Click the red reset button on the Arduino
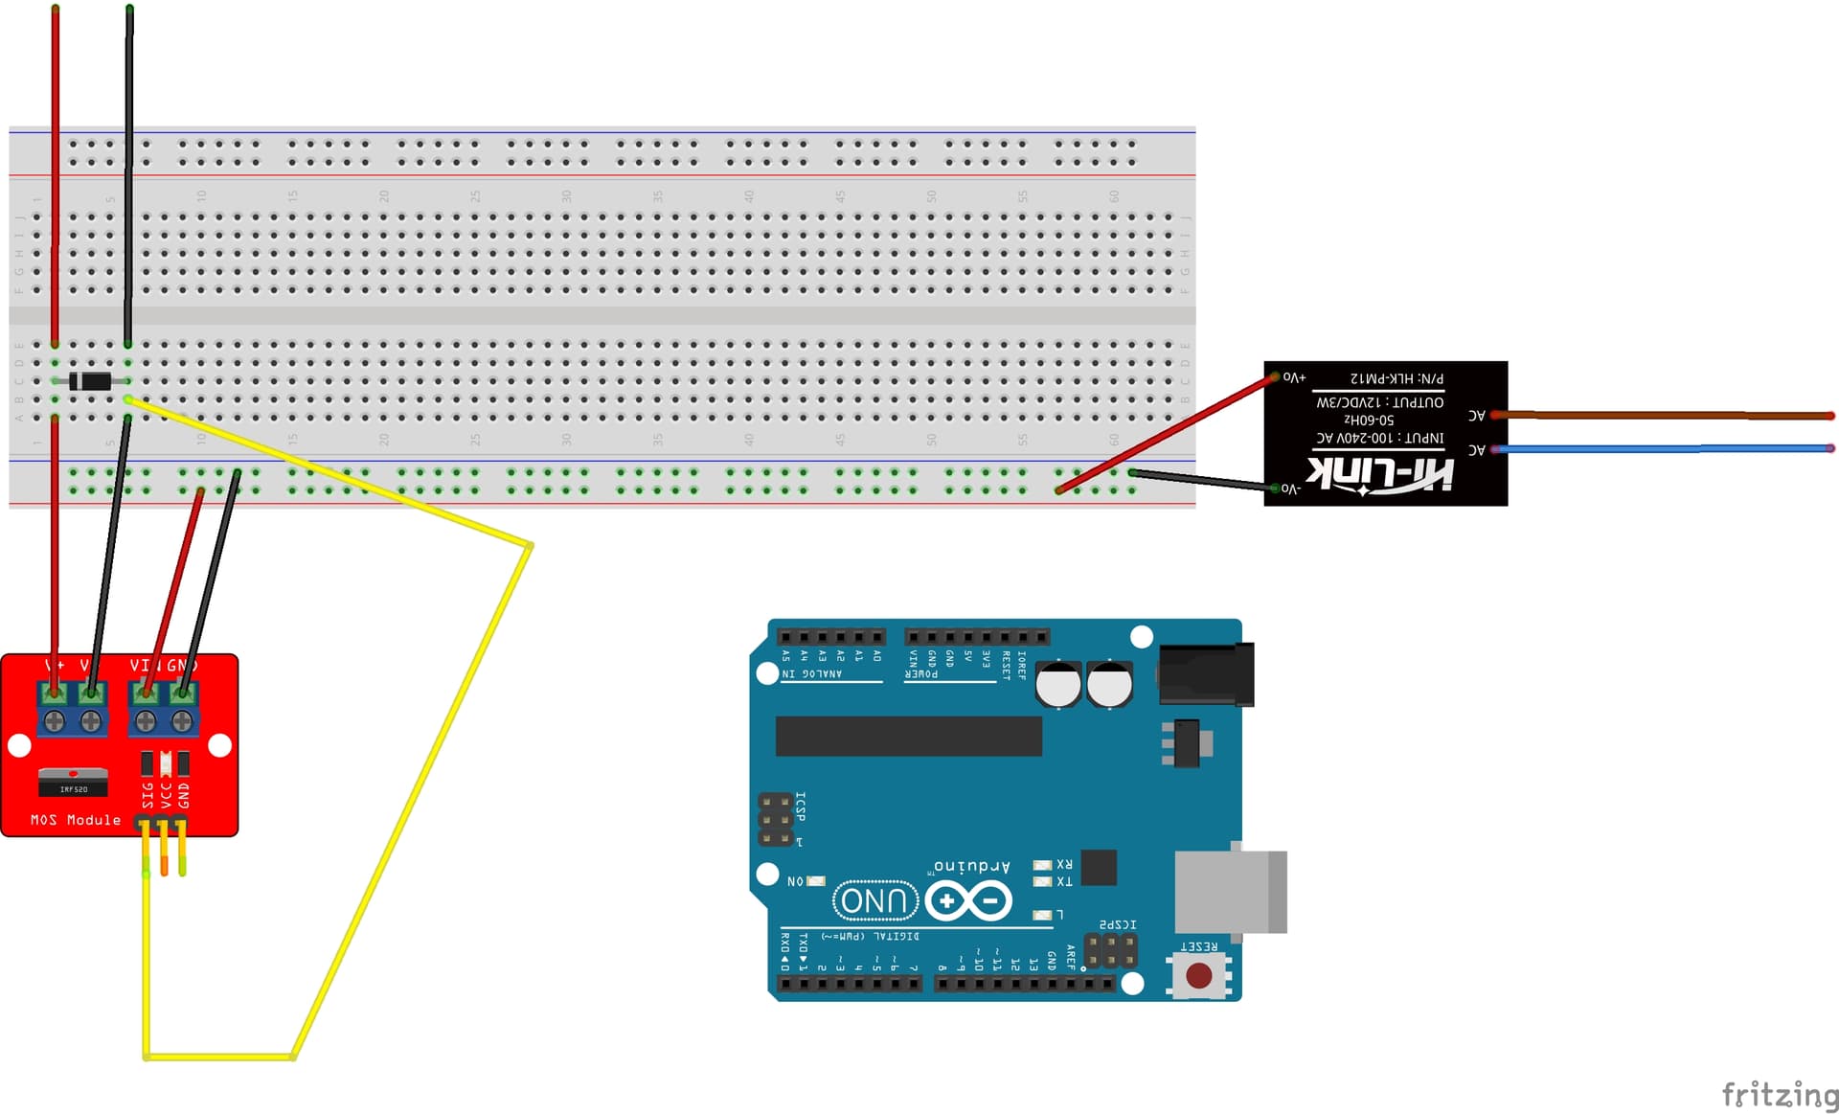(x=1198, y=975)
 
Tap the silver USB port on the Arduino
(x=1231, y=891)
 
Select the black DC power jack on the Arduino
(x=1205, y=674)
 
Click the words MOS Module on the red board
(x=76, y=820)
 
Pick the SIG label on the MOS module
(x=148, y=795)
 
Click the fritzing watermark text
(x=1779, y=1093)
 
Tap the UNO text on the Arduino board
(x=874, y=900)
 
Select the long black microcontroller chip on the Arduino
(x=908, y=736)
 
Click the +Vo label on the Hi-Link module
(x=1294, y=377)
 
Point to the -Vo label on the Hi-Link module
(x=1291, y=489)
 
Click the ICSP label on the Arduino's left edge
(x=801, y=807)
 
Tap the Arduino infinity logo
(x=968, y=900)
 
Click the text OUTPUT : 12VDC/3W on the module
(x=1379, y=402)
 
